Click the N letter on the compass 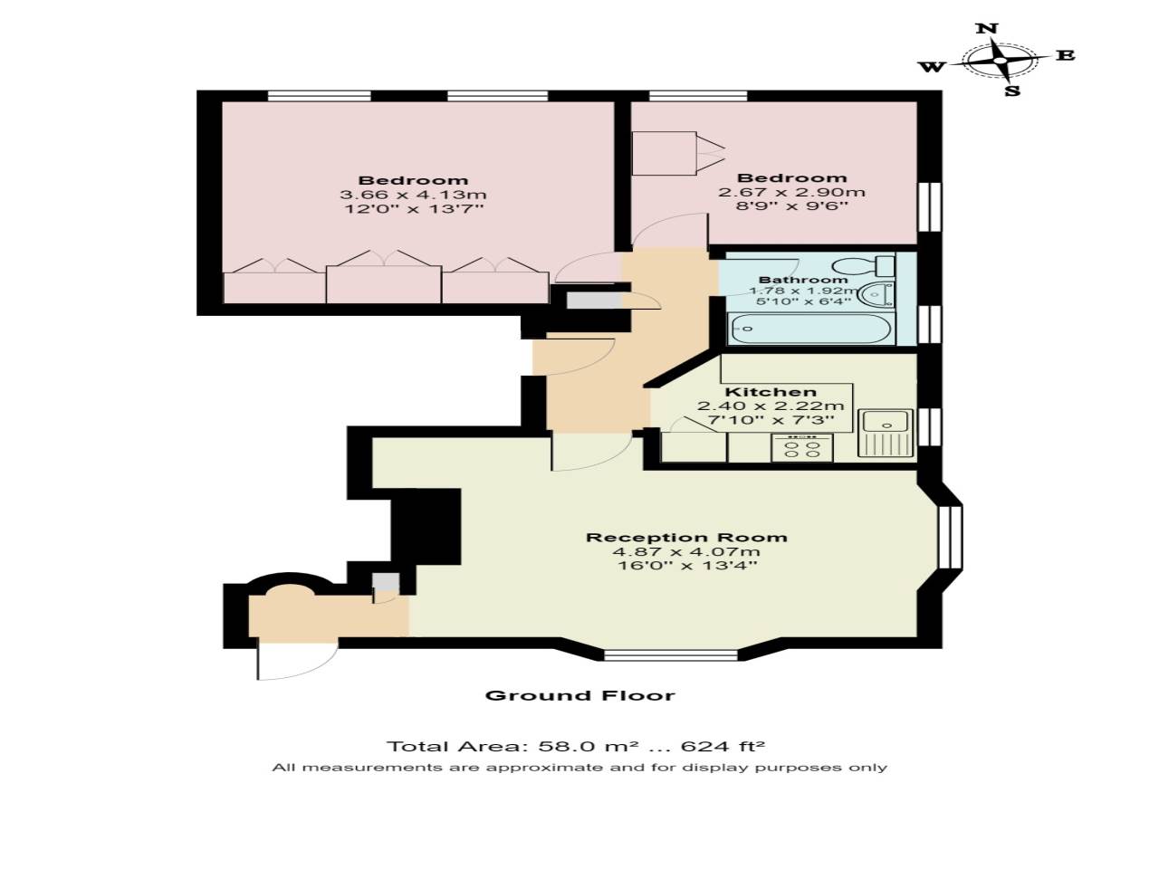pyautogui.click(x=987, y=28)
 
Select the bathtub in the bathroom pyautogui.click(x=810, y=329)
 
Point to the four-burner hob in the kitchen pyautogui.click(x=802, y=448)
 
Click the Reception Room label pyautogui.click(x=686, y=538)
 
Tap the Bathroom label pyautogui.click(x=803, y=280)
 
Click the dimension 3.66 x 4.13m pyautogui.click(x=413, y=195)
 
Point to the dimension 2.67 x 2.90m pyautogui.click(x=791, y=192)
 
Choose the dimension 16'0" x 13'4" pyautogui.click(x=686, y=567)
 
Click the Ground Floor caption pyautogui.click(x=579, y=695)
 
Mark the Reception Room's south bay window pyautogui.click(x=670, y=654)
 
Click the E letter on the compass pyautogui.click(x=1066, y=55)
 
